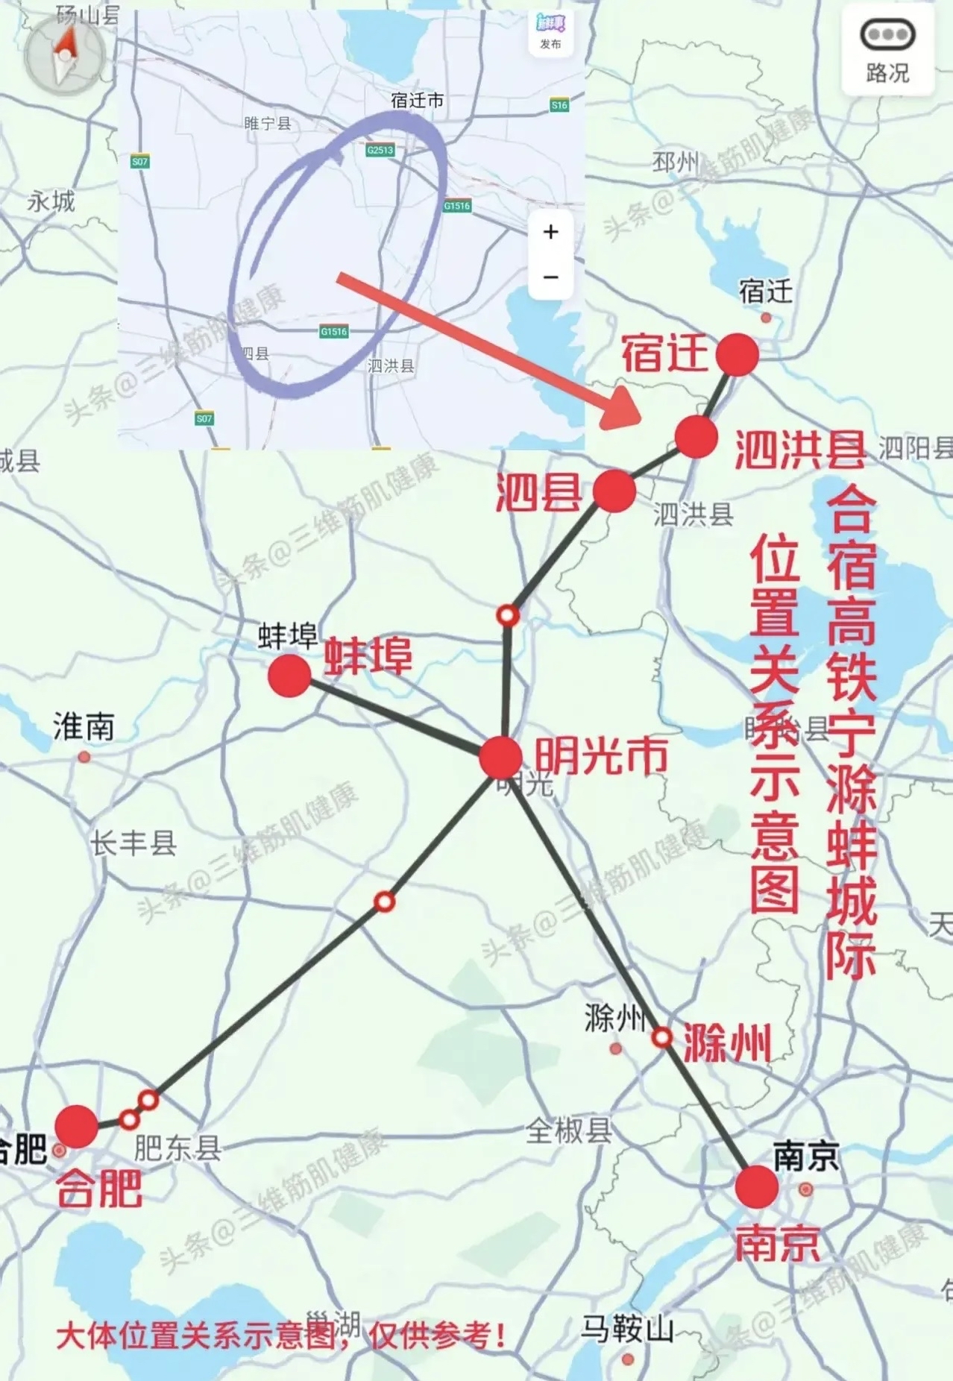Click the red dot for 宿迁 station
coord(737,354)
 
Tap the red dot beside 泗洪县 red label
coord(696,437)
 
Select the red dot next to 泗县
coord(614,491)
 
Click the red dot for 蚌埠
coord(289,676)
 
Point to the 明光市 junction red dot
coord(500,758)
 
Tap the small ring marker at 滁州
coord(661,1037)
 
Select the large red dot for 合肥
coord(76,1127)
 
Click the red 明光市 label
coord(601,756)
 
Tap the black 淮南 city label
coord(84,726)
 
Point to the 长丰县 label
coord(133,843)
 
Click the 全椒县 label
coord(568,1131)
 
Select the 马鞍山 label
coord(627,1328)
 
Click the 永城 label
coord(51,201)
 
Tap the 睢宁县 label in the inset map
coord(268,123)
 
